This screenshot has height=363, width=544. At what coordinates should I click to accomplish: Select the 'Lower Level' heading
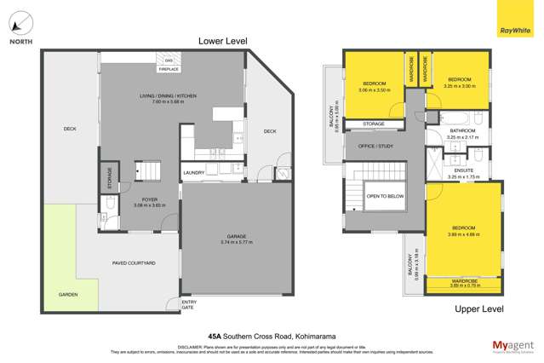click(222, 41)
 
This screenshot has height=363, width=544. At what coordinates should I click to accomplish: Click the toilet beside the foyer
click(111, 203)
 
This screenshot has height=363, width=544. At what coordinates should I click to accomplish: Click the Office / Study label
click(373, 144)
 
